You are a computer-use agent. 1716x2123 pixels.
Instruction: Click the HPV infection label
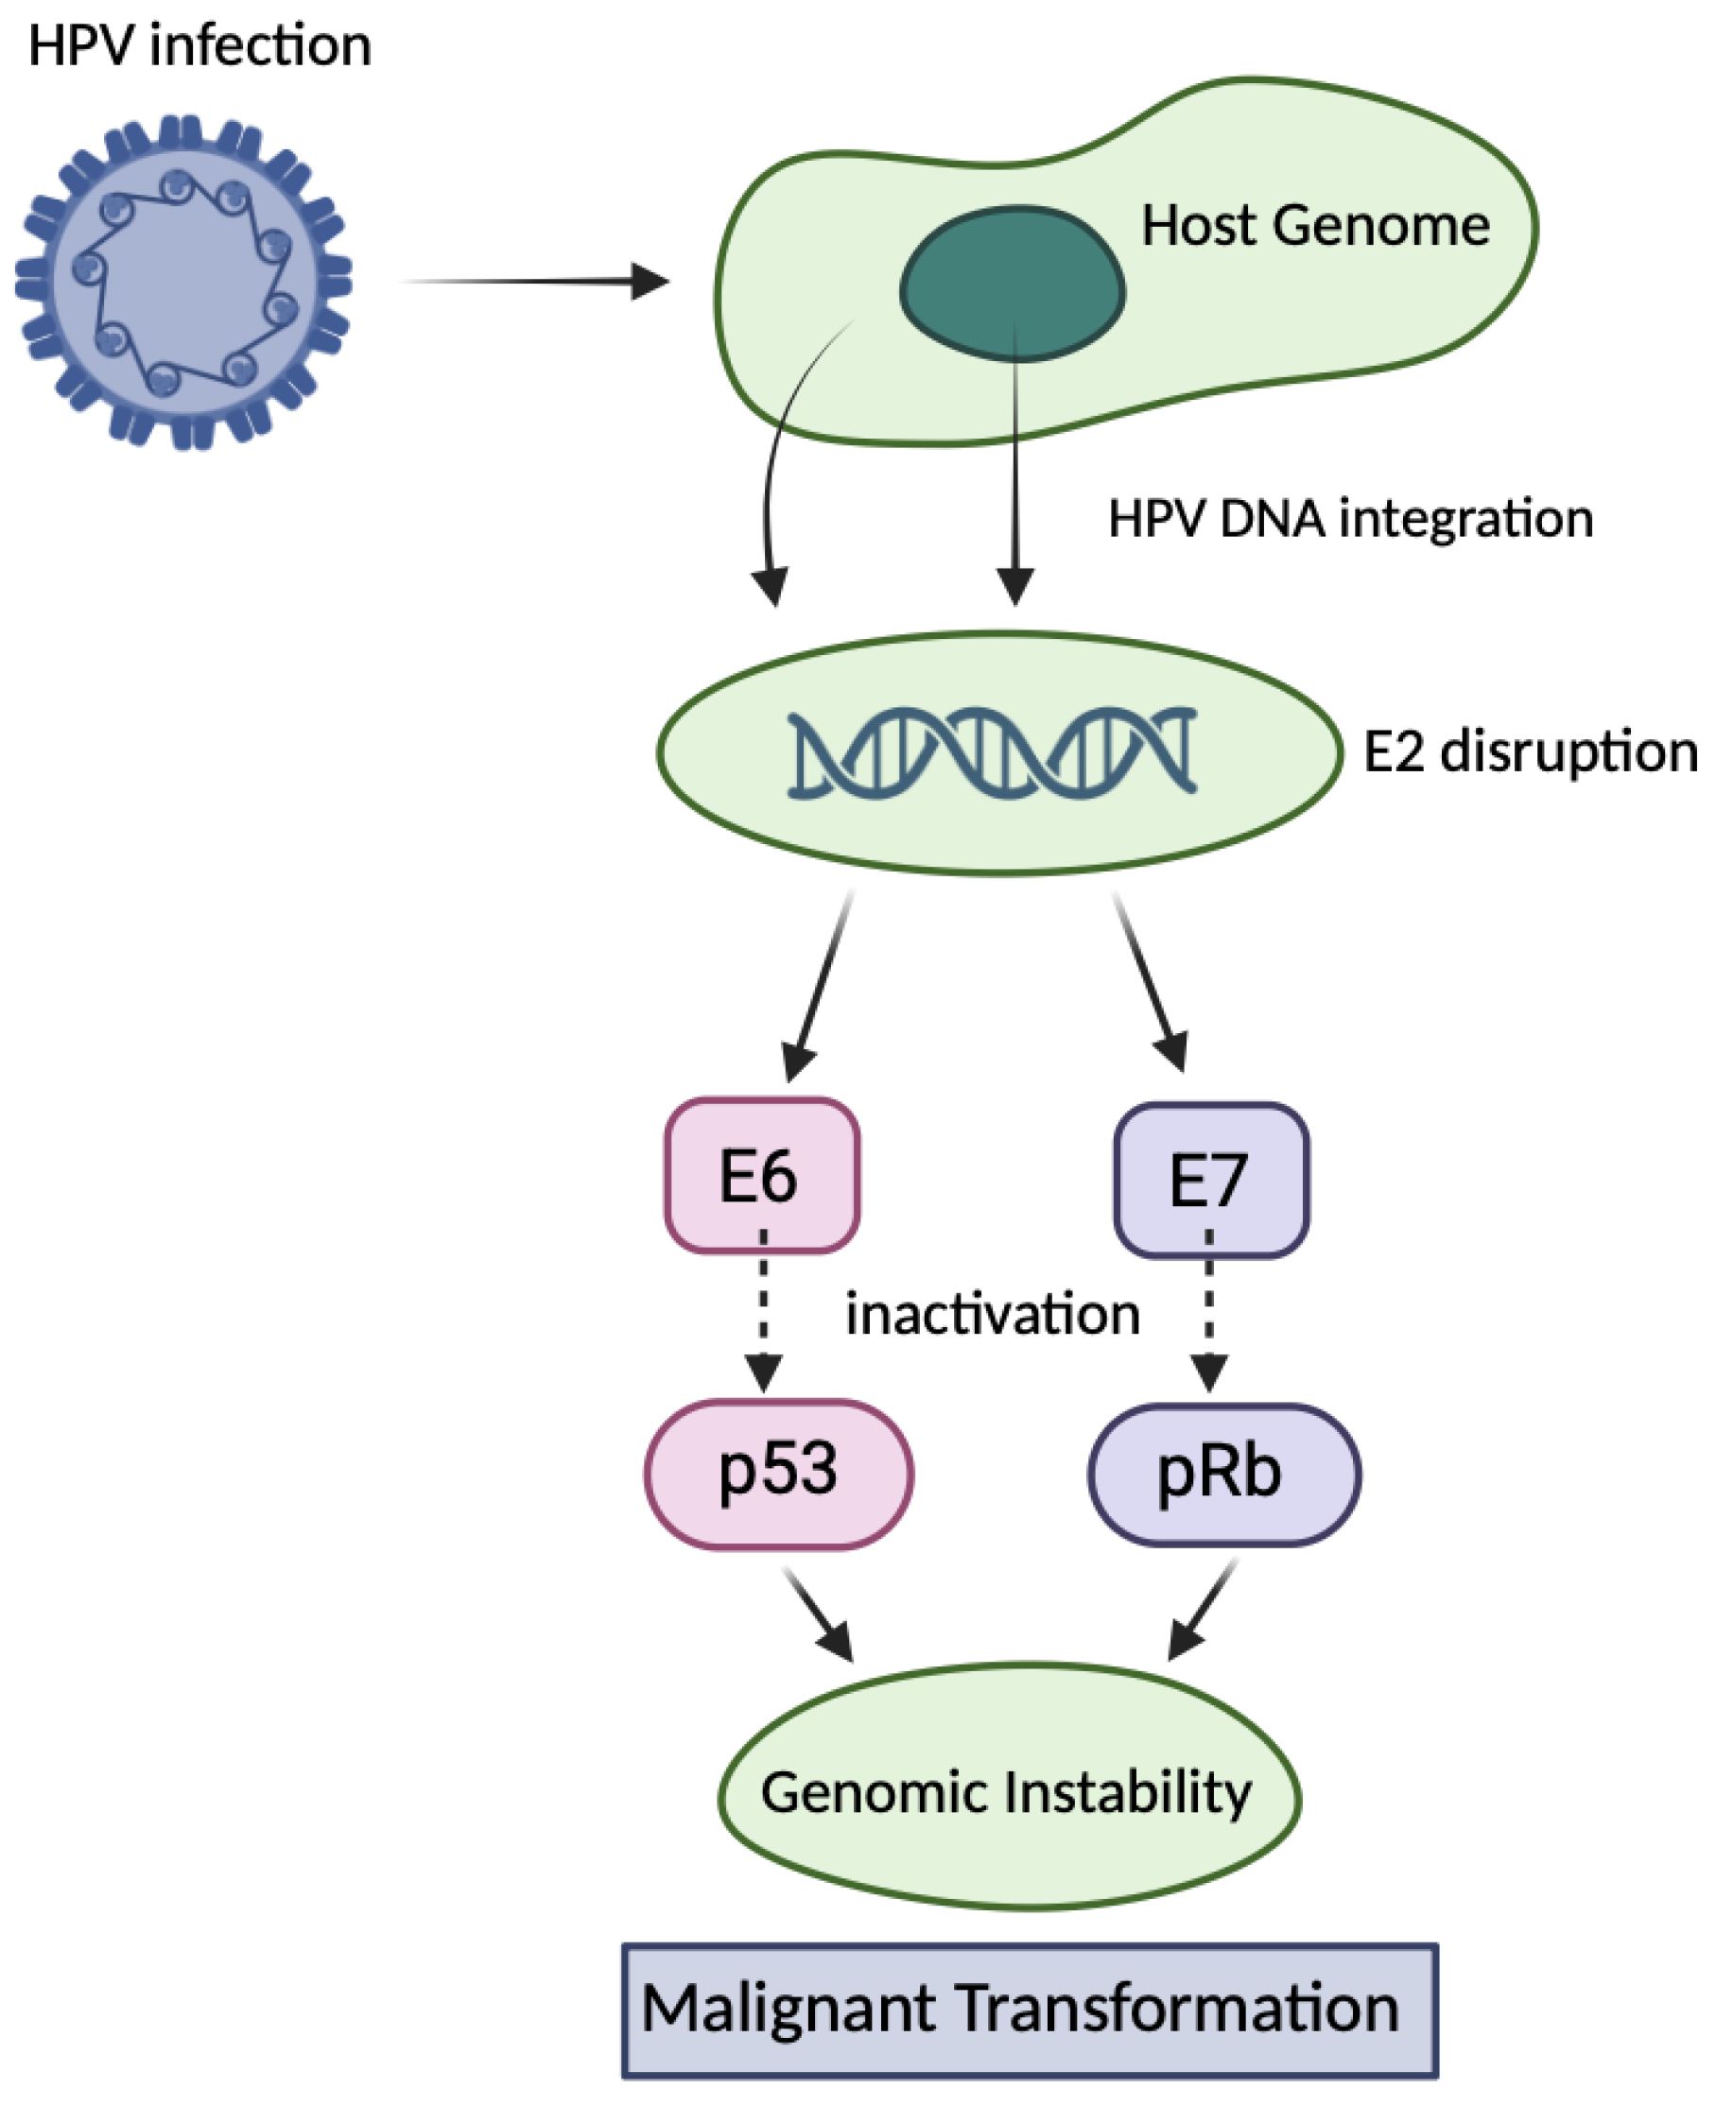click(x=199, y=46)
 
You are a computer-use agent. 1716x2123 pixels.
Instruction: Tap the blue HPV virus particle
click(x=183, y=282)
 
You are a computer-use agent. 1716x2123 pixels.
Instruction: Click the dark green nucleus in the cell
click(x=1013, y=282)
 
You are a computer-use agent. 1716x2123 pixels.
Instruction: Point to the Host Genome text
click(x=1315, y=225)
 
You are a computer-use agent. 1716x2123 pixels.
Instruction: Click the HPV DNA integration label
click(x=1350, y=518)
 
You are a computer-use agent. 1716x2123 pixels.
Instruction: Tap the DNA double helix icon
click(x=993, y=752)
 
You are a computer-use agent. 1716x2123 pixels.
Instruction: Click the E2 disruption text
click(x=1530, y=752)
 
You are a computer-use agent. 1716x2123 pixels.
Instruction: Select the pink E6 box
click(x=761, y=1176)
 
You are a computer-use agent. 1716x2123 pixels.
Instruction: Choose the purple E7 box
click(x=1211, y=1180)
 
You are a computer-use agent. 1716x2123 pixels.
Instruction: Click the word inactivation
click(x=993, y=1315)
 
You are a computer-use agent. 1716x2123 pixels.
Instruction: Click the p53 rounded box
click(x=779, y=1473)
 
